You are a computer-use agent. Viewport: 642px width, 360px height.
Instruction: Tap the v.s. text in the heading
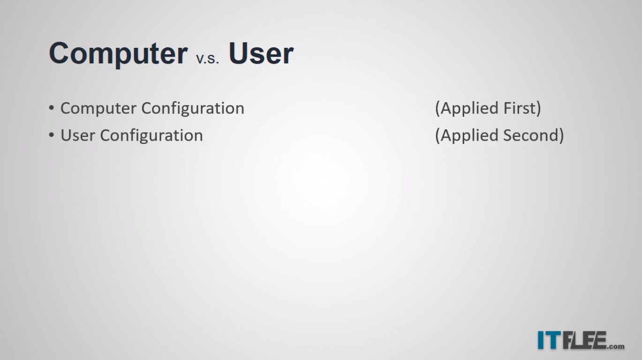[x=208, y=59]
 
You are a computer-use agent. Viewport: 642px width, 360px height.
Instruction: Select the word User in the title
[x=261, y=53]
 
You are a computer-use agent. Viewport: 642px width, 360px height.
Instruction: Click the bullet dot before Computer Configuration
[x=51, y=108]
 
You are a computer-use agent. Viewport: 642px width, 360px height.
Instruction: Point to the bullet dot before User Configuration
[x=51, y=135]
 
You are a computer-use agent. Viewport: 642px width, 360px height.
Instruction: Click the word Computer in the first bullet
[x=98, y=109]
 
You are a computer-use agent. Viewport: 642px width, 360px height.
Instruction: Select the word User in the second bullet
[x=78, y=135]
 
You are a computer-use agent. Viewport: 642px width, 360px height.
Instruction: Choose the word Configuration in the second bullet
[x=151, y=136]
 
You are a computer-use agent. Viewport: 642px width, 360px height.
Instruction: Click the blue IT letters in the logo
[x=549, y=340]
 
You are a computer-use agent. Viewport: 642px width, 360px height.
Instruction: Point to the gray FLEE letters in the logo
[x=585, y=340]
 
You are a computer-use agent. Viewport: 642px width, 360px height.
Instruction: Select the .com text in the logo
[x=616, y=346]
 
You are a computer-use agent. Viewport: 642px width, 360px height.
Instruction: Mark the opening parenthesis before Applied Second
[x=438, y=135]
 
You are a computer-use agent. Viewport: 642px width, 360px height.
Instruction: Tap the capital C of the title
[x=59, y=53]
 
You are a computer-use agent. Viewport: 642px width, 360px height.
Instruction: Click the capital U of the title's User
[x=238, y=53]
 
